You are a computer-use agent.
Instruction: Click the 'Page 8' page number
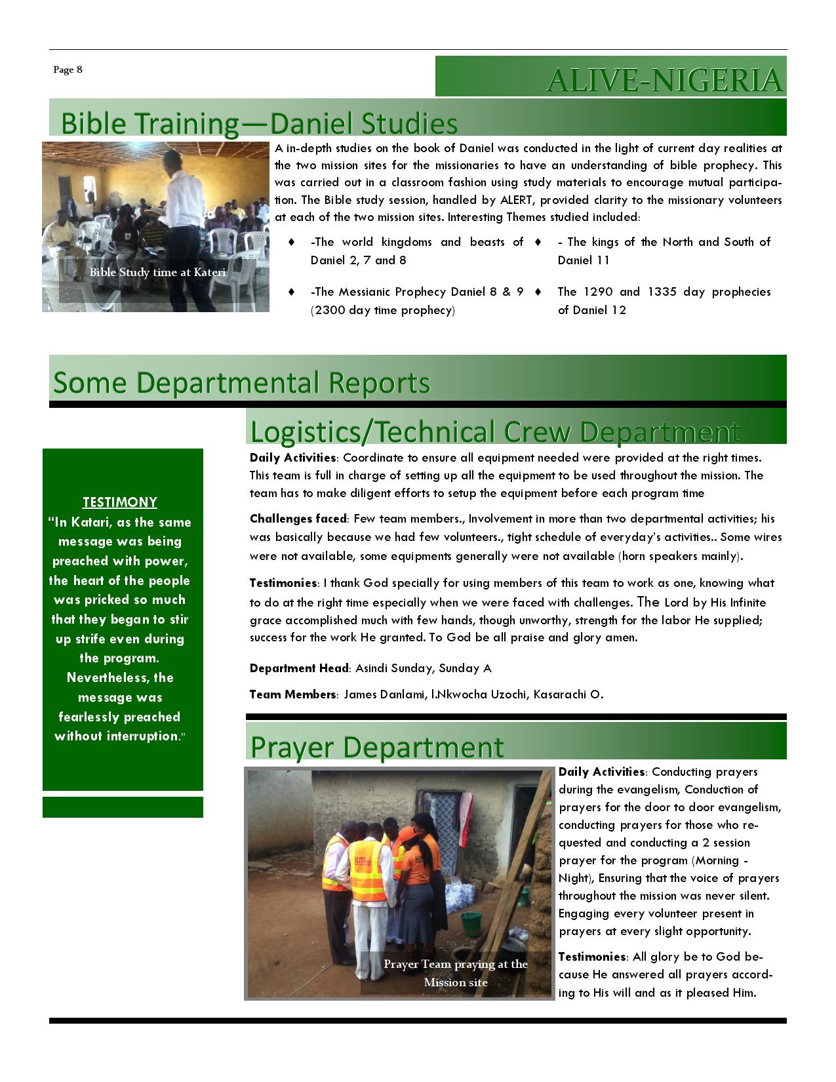pyautogui.click(x=68, y=70)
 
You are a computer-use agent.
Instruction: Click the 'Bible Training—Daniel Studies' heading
pyautogui.click(x=259, y=123)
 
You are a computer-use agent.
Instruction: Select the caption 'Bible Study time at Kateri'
pyautogui.click(x=157, y=272)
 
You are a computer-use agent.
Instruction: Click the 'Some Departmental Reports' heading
pyautogui.click(x=242, y=382)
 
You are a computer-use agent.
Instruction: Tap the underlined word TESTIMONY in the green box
pyautogui.click(x=120, y=502)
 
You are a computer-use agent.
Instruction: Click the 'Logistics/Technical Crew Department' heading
pyautogui.click(x=495, y=431)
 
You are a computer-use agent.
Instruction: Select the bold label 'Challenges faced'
pyautogui.click(x=298, y=519)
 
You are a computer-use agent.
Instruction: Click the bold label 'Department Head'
pyautogui.click(x=299, y=668)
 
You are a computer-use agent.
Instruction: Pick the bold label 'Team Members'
pyautogui.click(x=293, y=694)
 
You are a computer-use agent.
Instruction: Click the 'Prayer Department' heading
pyautogui.click(x=377, y=747)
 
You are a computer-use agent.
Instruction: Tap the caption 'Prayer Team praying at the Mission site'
pyautogui.click(x=456, y=973)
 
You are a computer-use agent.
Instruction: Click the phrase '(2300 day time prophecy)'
pyautogui.click(x=382, y=310)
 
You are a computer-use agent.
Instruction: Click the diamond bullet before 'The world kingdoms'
pyautogui.click(x=291, y=242)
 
